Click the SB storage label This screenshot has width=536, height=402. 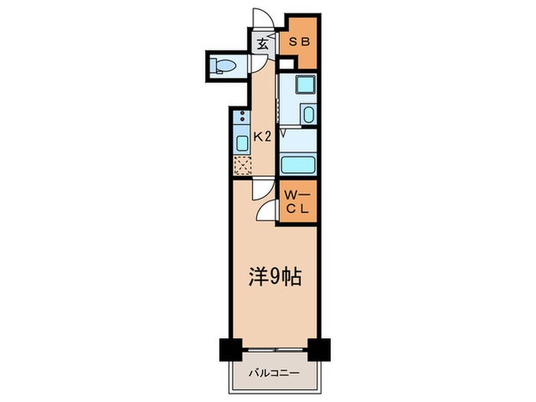coord(299,41)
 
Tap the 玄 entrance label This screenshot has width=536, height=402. coord(262,44)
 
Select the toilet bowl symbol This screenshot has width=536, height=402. coord(223,65)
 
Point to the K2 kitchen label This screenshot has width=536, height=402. coord(262,137)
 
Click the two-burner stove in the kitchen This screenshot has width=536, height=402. coord(242,116)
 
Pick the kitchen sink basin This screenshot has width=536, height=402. coord(242,143)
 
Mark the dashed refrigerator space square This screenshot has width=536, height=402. coord(243,165)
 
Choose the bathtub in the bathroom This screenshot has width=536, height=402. coord(297,165)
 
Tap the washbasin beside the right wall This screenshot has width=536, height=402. coord(309,114)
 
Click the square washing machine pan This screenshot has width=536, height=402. coord(306,83)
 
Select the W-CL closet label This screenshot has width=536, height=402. coord(297,202)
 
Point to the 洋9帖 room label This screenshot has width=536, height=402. coord(275,277)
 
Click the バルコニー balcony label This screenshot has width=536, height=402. coord(274,373)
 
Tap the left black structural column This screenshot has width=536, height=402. coord(230,350)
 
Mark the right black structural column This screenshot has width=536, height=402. coord(319,350)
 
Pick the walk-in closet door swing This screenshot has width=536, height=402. coord(265,211)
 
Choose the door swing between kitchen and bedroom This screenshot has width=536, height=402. coord(263,190)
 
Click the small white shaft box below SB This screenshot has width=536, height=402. coord(286,64)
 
